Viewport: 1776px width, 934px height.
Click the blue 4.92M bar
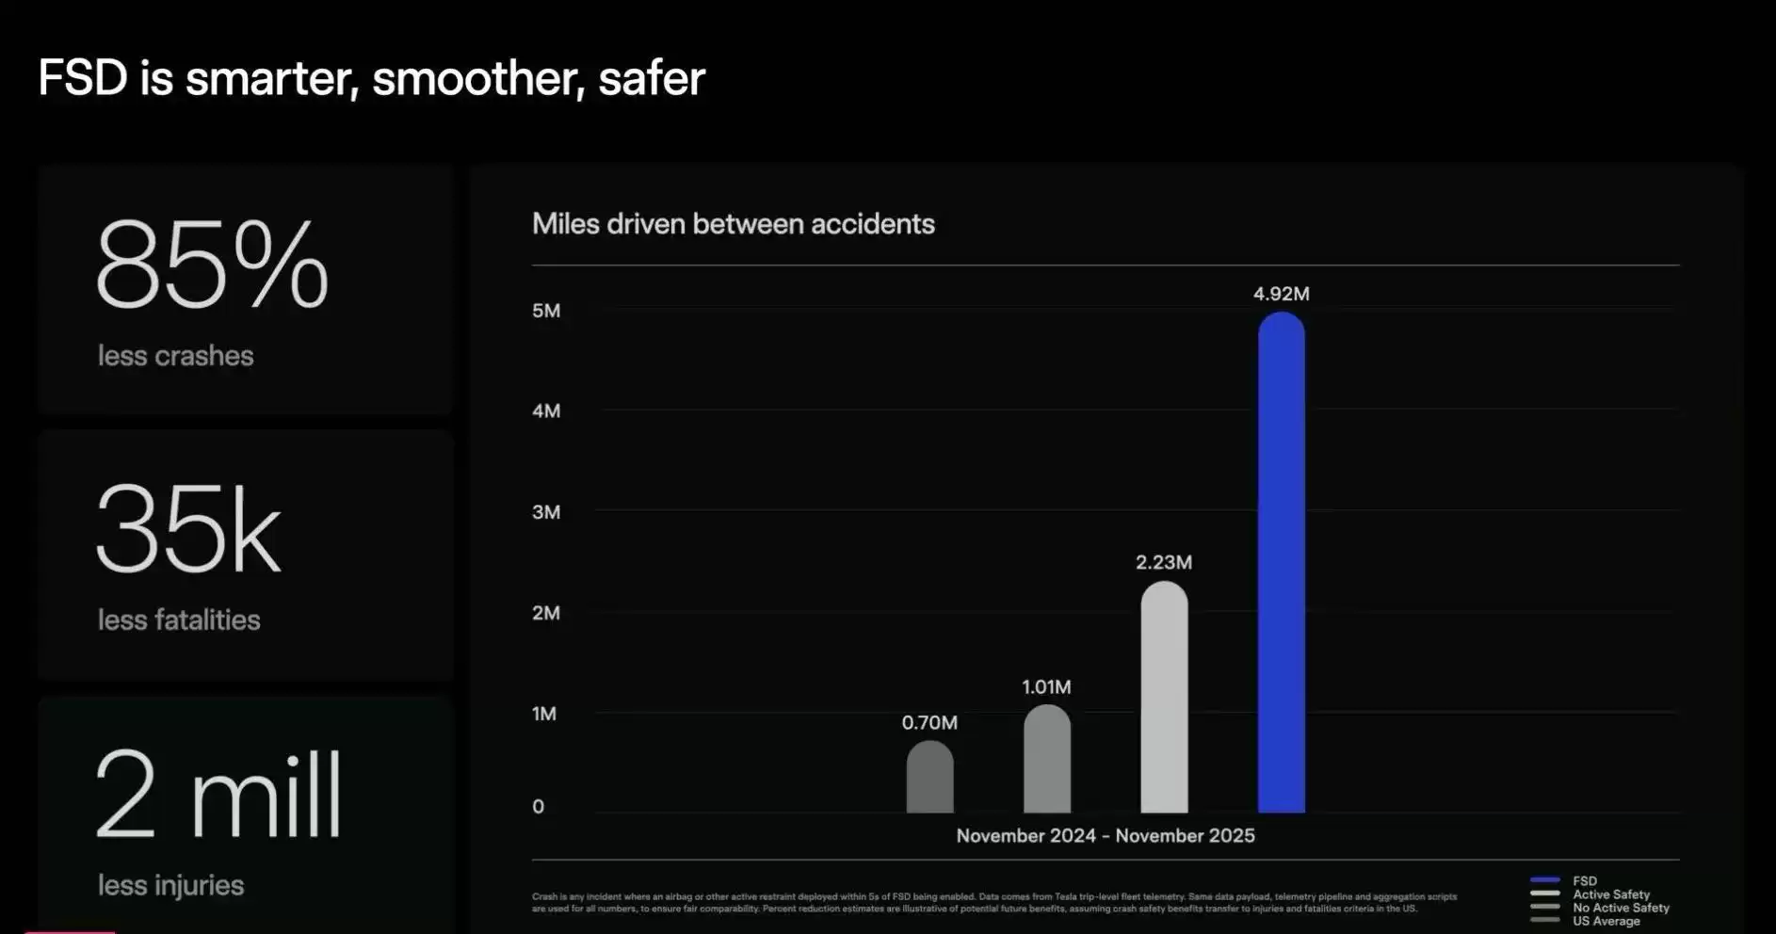point(1281,565)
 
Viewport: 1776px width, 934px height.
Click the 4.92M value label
point(1281,294)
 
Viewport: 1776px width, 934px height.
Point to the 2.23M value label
point(1164,562)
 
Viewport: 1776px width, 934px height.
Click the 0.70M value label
point(929,722)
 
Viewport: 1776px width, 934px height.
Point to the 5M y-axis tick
point(546,311)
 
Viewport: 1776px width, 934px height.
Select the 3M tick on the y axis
point(546,512)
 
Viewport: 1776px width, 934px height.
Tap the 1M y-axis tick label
point(544,714)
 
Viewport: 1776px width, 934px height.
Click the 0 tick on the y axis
point(538,806)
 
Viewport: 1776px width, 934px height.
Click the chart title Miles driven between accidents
point(733,224)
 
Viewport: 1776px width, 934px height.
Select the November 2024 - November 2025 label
point(1106,835)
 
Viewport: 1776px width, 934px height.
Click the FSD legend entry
point(1584,881)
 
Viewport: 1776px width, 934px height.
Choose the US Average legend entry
point(1606,921)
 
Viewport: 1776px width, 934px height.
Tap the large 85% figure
point(212,266)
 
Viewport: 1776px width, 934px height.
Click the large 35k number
point(188,529)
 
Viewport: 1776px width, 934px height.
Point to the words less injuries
point(170,885)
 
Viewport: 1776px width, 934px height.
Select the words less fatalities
point(179,620)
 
